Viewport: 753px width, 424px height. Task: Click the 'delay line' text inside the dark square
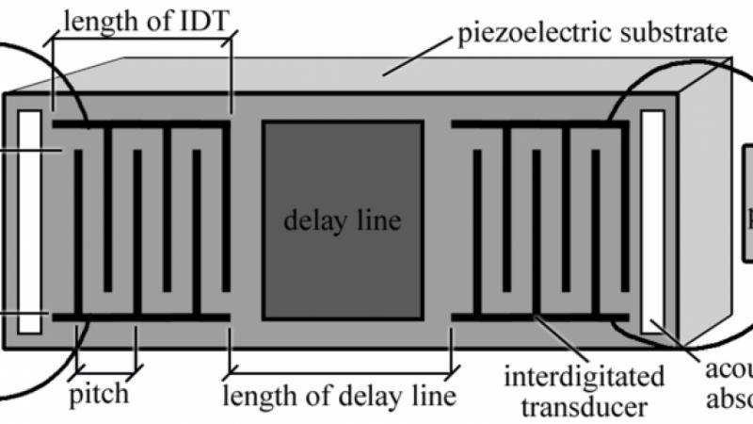pos(342,222)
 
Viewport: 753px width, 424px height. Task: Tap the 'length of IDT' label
pos(141,21)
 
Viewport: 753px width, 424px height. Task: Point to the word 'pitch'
pos(99,392)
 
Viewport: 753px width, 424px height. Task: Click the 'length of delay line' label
pos(338,393)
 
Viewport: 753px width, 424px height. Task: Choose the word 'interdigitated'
pos(584,377)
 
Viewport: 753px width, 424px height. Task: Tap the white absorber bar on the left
pos(29,221)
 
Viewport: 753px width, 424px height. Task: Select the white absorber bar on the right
pos(652,221)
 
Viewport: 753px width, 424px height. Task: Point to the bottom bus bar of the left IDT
pos(141,318)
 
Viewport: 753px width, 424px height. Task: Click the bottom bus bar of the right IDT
pos(541,318)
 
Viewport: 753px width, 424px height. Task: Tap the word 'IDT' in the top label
pos(203,21)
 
